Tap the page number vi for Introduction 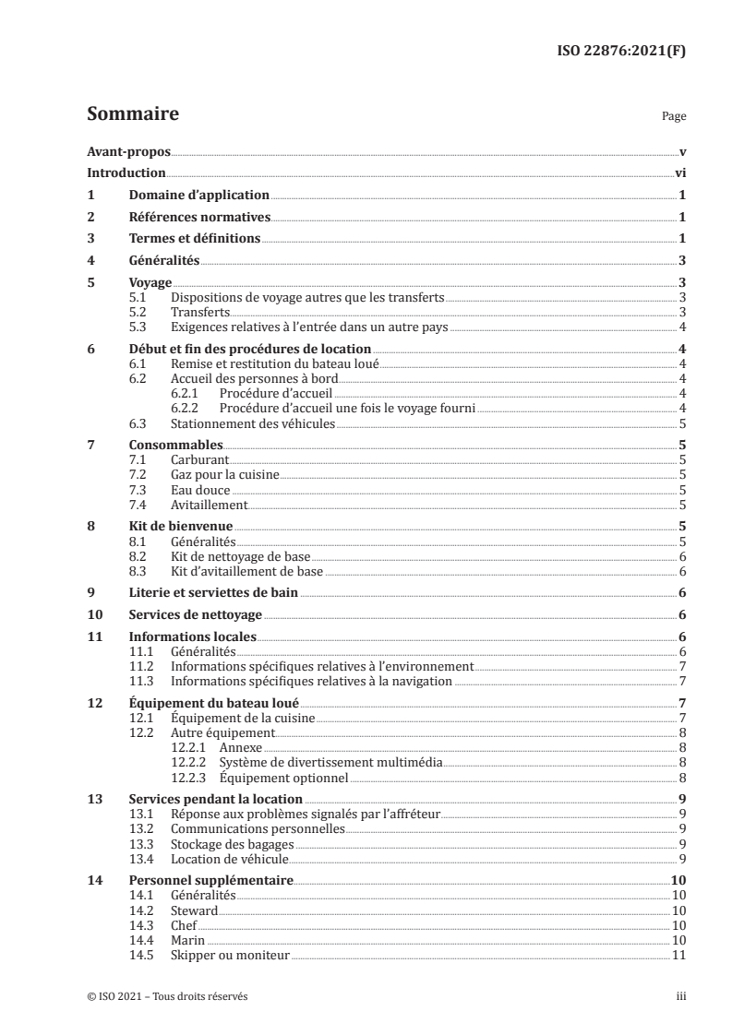(x=679, y=173)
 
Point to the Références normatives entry (x=199, y=218)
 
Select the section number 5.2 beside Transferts (x=138, y=313)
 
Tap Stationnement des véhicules (x=252, y=423)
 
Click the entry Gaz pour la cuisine (x=225, y=474)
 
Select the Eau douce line (x=200, y=490)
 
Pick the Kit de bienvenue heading (x=180, y=526)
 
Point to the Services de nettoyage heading (x=197, y=615)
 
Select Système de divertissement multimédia (x=330, y=763)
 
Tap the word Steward (x=194, y=910)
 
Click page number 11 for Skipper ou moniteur (x=678, y=955)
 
